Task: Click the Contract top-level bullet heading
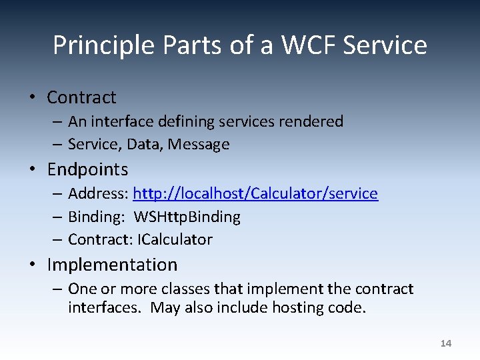pyautogui.click(x=81, y=97)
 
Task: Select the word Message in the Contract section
pyautogui.click(x=199, y=144)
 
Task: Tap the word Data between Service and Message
pyautogui.click(x=148, y=144)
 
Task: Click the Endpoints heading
pyautogui.click(x=87, y=169)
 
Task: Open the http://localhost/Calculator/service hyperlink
pyautogui.click(x=255, y=193)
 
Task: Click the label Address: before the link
pyautogui.click(x=98, y=193)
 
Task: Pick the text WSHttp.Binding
pyautogui.click(x=187, y=217)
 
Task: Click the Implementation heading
pyautogui.click(x=112, y=265)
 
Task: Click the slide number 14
pyautogui.click(x=446, y=343)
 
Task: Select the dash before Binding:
pyautogui.click(x=58, y=217)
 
